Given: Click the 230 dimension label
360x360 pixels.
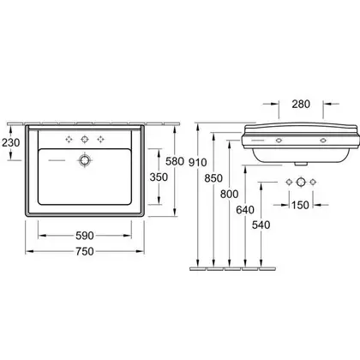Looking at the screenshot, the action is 11,142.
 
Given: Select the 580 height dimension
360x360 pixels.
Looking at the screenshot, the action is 175,161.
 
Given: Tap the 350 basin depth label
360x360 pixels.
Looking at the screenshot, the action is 159,177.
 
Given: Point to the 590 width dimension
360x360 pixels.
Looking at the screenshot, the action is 85,236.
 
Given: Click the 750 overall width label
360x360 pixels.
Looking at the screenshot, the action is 85,251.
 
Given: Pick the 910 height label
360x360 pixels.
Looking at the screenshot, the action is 197,162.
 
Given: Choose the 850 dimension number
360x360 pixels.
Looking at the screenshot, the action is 213,178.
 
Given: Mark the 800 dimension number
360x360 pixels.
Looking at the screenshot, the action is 229,194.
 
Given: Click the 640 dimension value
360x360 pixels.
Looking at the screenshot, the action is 245,210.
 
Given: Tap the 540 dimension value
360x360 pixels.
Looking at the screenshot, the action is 261,225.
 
